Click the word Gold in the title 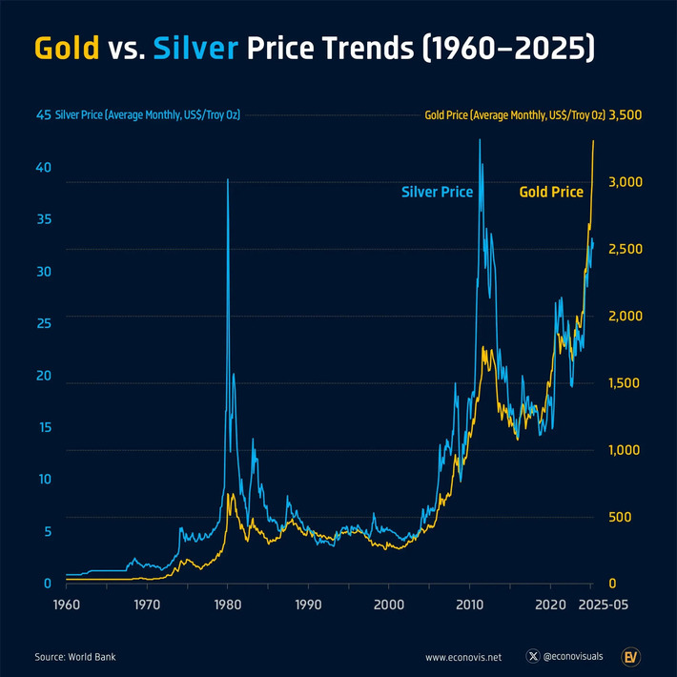(67, 49)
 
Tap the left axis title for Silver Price (147, 115)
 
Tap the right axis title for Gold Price (515, 115)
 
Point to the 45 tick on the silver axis (43, 115)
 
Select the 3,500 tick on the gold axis (626, 115)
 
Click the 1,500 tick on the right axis (625, 382)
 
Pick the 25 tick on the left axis (43, 323)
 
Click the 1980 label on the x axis (227, 605)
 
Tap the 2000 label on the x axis (388, 605)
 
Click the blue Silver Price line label (437, 192)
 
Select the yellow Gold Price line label (550, 192)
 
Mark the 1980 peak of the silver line (227, 179)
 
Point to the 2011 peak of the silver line (479, 140)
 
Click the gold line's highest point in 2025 (594, 141)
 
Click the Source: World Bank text (75, 657)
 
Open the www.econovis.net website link (463, 657)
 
